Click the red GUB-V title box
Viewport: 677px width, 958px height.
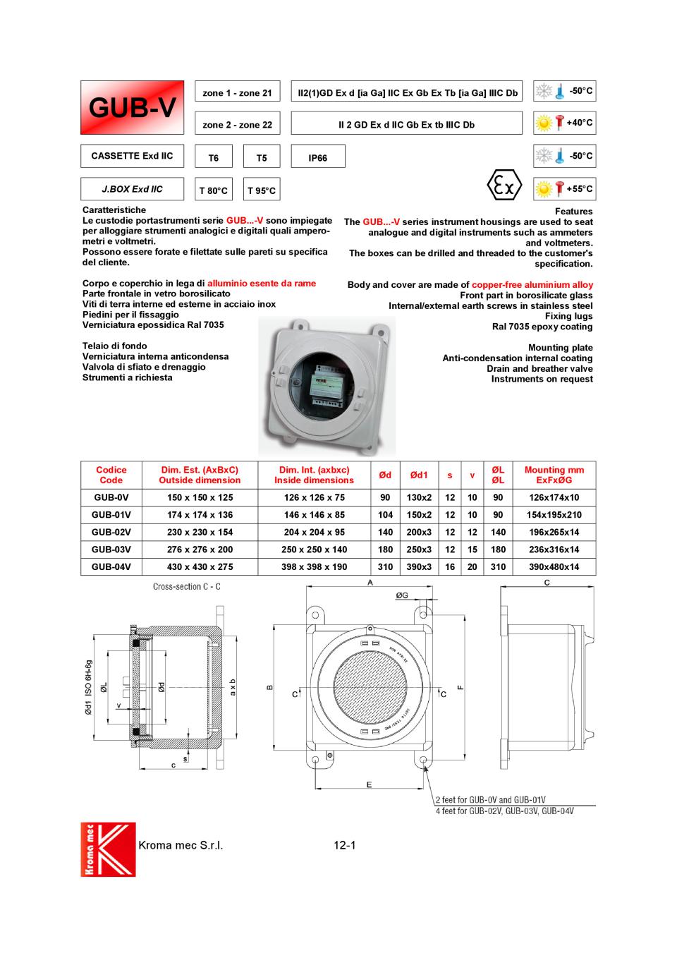click(x=132, y=107)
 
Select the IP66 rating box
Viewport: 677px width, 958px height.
click(x=318, y=157)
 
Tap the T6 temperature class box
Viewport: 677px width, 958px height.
click(x=213, y=157)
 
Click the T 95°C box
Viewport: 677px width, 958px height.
click(x=262, y=190)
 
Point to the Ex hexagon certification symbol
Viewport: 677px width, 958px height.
click(x=504, y=186)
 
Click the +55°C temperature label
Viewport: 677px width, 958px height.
click(x=579, y=189)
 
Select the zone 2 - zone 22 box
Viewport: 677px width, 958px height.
click(x=237, y=124)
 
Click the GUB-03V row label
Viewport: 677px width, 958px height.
click(x=111, y=550)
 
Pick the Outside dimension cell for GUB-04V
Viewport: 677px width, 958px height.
click(x=200, y=566)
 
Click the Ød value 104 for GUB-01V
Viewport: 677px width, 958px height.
click(x=385, y=515)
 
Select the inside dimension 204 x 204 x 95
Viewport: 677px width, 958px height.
click(x=314, y=533)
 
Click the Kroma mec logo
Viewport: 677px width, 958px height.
click(x=108, y=849)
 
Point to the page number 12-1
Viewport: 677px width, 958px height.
click(x=345, y=844)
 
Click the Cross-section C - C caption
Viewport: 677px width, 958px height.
click(x=187, y=587)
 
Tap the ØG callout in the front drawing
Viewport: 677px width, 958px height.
click(x=402, y=596)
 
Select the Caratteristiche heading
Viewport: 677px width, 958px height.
click(x=114, y=210)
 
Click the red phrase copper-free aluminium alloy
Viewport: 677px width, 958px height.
click(x=532, y=285)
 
